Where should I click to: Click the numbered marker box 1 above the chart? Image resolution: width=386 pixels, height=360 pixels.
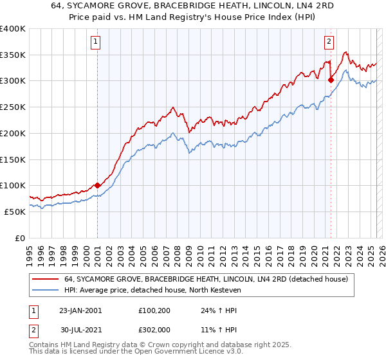pos(95,42)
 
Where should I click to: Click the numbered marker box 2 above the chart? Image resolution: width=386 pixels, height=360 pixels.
pos(329,42)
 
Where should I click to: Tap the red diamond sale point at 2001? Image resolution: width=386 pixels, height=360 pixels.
pos(97,185)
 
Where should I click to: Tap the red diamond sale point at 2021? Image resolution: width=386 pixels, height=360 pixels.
pos(331,80)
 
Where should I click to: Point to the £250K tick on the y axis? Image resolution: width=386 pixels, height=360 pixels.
pos(13,107)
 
